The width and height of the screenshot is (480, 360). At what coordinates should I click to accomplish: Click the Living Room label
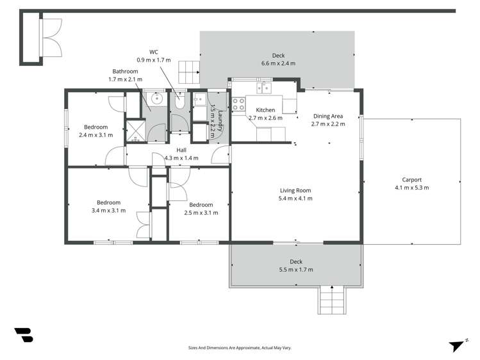pyautogui.click(x=295, y=190)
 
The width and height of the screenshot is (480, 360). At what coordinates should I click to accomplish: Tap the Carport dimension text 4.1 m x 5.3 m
pyautogui.click(x=411, y=188)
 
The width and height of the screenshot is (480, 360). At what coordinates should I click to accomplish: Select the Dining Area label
pyautogui.click(x=328, y=116)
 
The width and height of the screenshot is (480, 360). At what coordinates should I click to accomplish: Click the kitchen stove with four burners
pyautogui.click(x=238, y=104)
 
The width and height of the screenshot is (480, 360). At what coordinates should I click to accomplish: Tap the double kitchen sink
pyautogui.click(x=263, y=88)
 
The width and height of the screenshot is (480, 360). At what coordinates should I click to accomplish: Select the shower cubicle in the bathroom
pyautogui.click(x=135, y=129)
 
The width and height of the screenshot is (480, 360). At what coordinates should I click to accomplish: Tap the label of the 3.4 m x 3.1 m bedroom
pyautogui.click(x=111, y=202)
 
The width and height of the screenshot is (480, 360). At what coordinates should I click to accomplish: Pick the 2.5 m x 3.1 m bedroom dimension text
pyautogui.click(x=201, y=213)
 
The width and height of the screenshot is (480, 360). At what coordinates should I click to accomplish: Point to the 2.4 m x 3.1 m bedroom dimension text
pyautogui.click(x=95, y=135)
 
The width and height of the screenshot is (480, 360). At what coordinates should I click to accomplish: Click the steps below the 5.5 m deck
pyautogui.click(x=332, y=299)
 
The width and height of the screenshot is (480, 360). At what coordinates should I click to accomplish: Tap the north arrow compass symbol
pyautogui.click(x=456, y=345)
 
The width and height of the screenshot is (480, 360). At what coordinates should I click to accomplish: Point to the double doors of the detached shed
pyautogui.click(x=51, y=38)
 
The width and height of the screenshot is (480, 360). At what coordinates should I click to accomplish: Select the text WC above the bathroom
pyautogui.click(x=153, y=51)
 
